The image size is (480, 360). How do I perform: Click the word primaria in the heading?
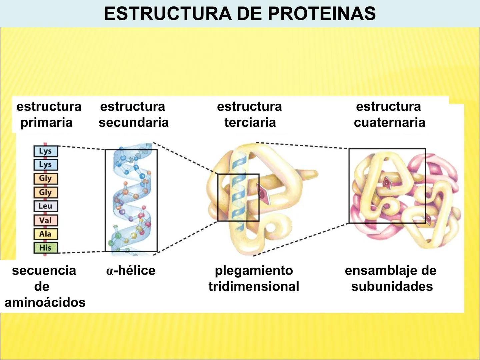46,123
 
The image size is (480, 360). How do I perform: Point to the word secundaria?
133,123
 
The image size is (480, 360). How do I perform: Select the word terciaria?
250,123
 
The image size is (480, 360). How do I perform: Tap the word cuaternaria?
389,123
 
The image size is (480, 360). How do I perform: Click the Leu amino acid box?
45,206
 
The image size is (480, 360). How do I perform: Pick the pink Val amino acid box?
45,220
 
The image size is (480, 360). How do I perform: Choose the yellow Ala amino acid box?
45,234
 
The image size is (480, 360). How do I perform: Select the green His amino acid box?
45,248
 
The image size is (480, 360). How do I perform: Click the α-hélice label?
131,270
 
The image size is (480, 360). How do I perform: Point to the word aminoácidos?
45,302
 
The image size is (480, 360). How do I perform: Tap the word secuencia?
44,270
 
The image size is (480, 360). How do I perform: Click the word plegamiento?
254,270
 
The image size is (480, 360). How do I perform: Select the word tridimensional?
254,286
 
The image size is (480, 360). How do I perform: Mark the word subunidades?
392,286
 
